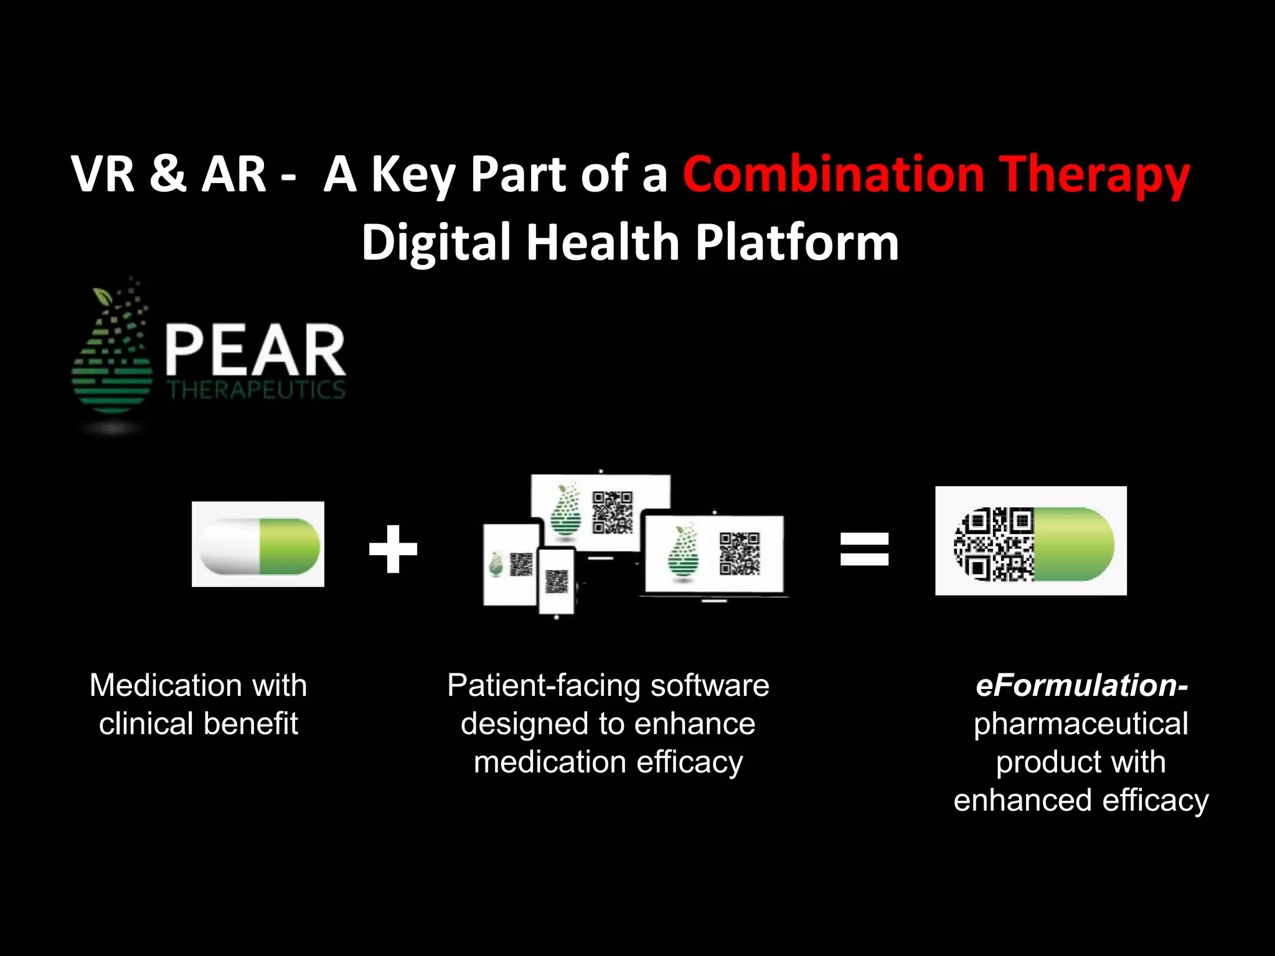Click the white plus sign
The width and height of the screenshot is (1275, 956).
pos(393,548)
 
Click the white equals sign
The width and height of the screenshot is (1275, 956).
pos(864,548)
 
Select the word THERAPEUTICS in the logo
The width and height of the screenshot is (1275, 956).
pos(256,390)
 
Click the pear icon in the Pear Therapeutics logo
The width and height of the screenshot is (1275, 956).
pos(113,355)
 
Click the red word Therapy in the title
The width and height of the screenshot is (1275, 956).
pos(1094,175)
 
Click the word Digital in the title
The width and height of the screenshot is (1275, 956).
pos(436,243)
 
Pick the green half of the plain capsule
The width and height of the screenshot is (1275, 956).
pos(289,546)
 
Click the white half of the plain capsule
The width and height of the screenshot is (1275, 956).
pos(229,546)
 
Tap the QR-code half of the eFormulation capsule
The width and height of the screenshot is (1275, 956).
pos(994,544)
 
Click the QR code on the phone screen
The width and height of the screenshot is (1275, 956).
pos(557,581)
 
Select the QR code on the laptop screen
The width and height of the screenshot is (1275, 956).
pos(740,553)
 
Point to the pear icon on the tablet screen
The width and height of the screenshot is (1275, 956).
pos(496,564)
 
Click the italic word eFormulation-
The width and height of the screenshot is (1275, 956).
pos(1081,685)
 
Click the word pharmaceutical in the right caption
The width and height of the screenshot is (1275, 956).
pos(1081,724)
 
